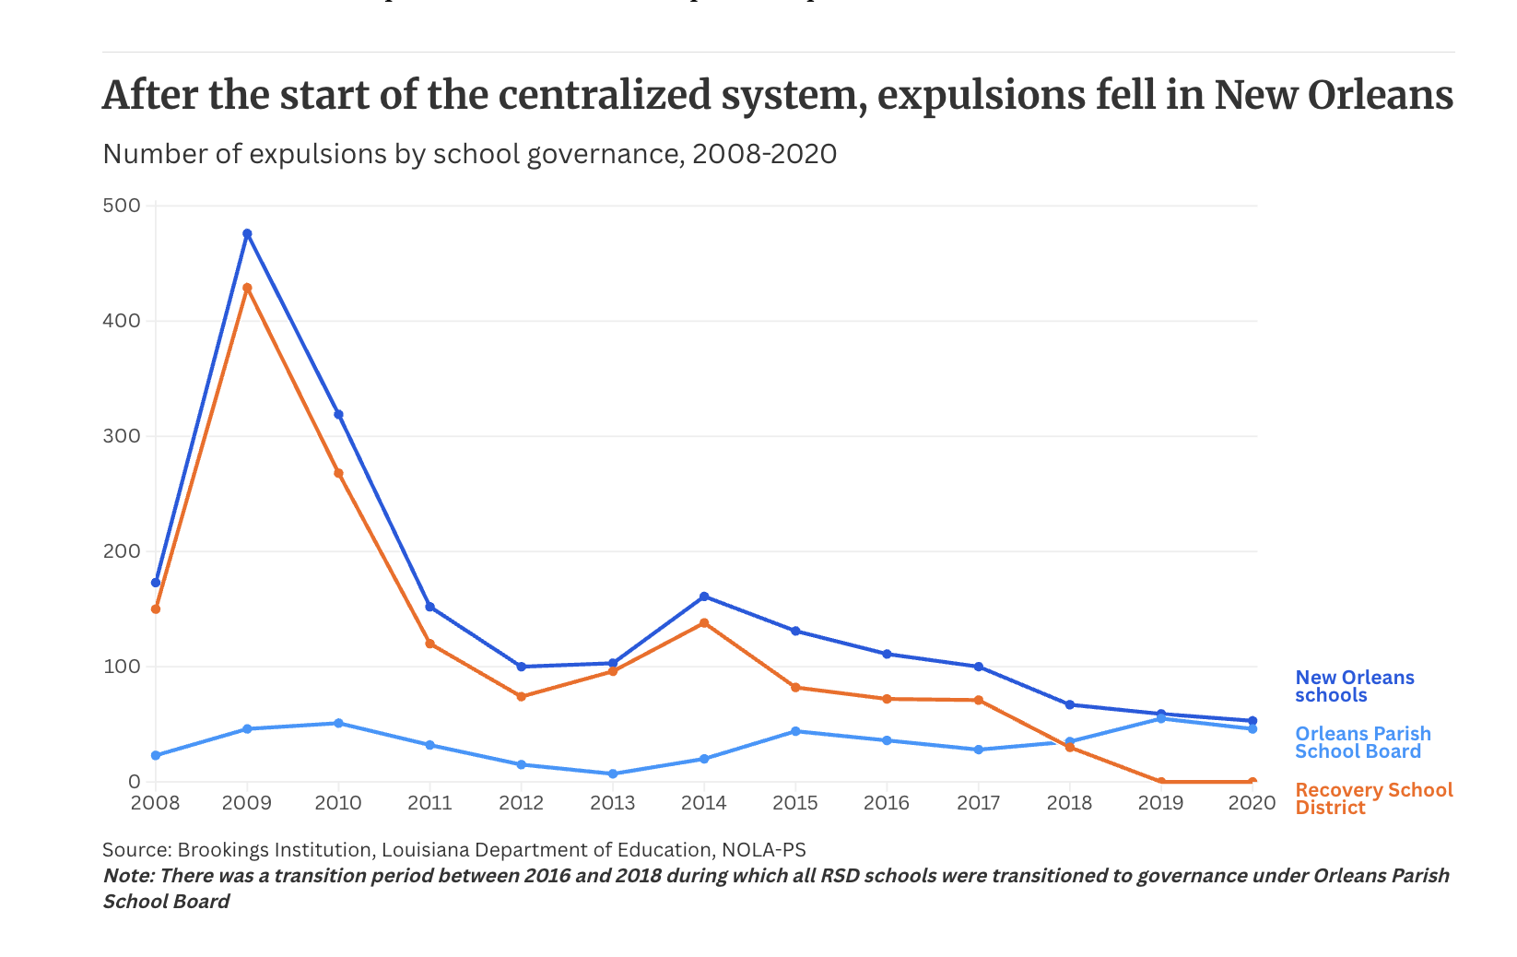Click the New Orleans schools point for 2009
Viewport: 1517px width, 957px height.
247,234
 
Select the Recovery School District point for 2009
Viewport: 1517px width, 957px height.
247,288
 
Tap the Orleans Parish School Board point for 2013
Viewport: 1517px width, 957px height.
613,774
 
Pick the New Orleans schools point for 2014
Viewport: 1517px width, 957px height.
704,597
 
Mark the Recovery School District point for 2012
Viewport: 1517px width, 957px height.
522,696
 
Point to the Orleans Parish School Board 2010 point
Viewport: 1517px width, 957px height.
338,723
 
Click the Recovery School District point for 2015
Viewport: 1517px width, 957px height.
795,687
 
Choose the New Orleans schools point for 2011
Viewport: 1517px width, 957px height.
429,607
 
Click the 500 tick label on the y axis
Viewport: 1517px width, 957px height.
122,206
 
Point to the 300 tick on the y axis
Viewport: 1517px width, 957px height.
122,436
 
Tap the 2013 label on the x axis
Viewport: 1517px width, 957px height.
613,803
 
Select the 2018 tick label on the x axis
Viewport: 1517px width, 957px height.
1069,803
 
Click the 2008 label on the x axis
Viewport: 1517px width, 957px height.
156,803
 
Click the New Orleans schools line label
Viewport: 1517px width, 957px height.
1354,687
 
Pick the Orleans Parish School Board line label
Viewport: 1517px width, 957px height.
1362,743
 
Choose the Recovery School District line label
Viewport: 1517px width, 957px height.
1373,799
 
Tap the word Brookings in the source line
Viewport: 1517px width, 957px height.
219,850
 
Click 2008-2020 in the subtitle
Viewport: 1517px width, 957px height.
764,154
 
